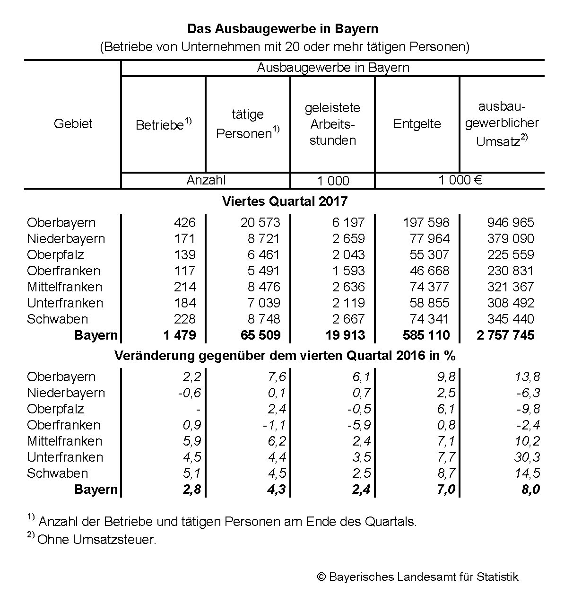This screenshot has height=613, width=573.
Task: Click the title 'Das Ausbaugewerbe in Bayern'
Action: [283, 29]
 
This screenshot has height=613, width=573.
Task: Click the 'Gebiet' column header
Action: [73, 124]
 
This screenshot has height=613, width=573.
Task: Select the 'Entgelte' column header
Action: [417, 124]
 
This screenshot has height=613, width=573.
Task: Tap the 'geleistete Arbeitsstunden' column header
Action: [332, 124]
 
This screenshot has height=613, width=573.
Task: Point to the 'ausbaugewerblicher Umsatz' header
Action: [502, 124]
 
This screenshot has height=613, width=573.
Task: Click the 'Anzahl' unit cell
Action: [206, 180]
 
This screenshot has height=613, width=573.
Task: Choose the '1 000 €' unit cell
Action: [460, 180]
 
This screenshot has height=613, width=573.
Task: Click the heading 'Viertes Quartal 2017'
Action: [285, 201]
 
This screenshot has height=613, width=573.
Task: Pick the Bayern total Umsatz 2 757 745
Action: [505, 335]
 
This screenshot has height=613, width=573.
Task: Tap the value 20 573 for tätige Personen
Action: [260, 223]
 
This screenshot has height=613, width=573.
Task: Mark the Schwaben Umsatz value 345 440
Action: [511, 319]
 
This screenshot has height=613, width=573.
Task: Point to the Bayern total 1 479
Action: [180, 335]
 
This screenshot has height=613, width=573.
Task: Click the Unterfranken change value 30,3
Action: [528, 457]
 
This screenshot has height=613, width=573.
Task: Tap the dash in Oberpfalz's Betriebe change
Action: [199, 410]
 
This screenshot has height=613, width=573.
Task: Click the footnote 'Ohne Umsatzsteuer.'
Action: [96, 540]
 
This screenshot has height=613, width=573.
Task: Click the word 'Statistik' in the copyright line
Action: [497, 577]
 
